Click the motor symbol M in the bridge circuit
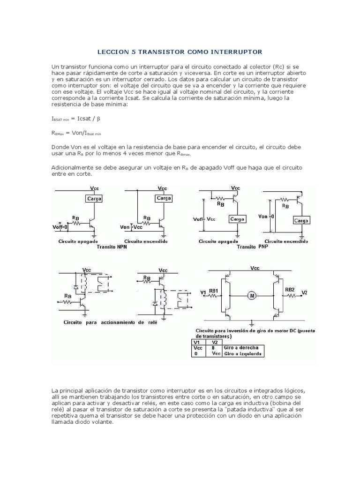pos(252,295)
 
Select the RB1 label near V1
pos(214,291)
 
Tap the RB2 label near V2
pos(290,290)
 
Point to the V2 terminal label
pos(304,293)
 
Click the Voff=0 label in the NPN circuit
pos(60,227)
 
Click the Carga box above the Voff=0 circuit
pos(94,198)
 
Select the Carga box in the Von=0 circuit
pos(300,220)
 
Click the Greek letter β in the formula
pos(98,119)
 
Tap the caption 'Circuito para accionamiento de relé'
pos(111,322)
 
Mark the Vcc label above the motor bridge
pos(255,268)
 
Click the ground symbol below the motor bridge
pos(252,323)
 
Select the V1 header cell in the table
pos(197,342)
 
